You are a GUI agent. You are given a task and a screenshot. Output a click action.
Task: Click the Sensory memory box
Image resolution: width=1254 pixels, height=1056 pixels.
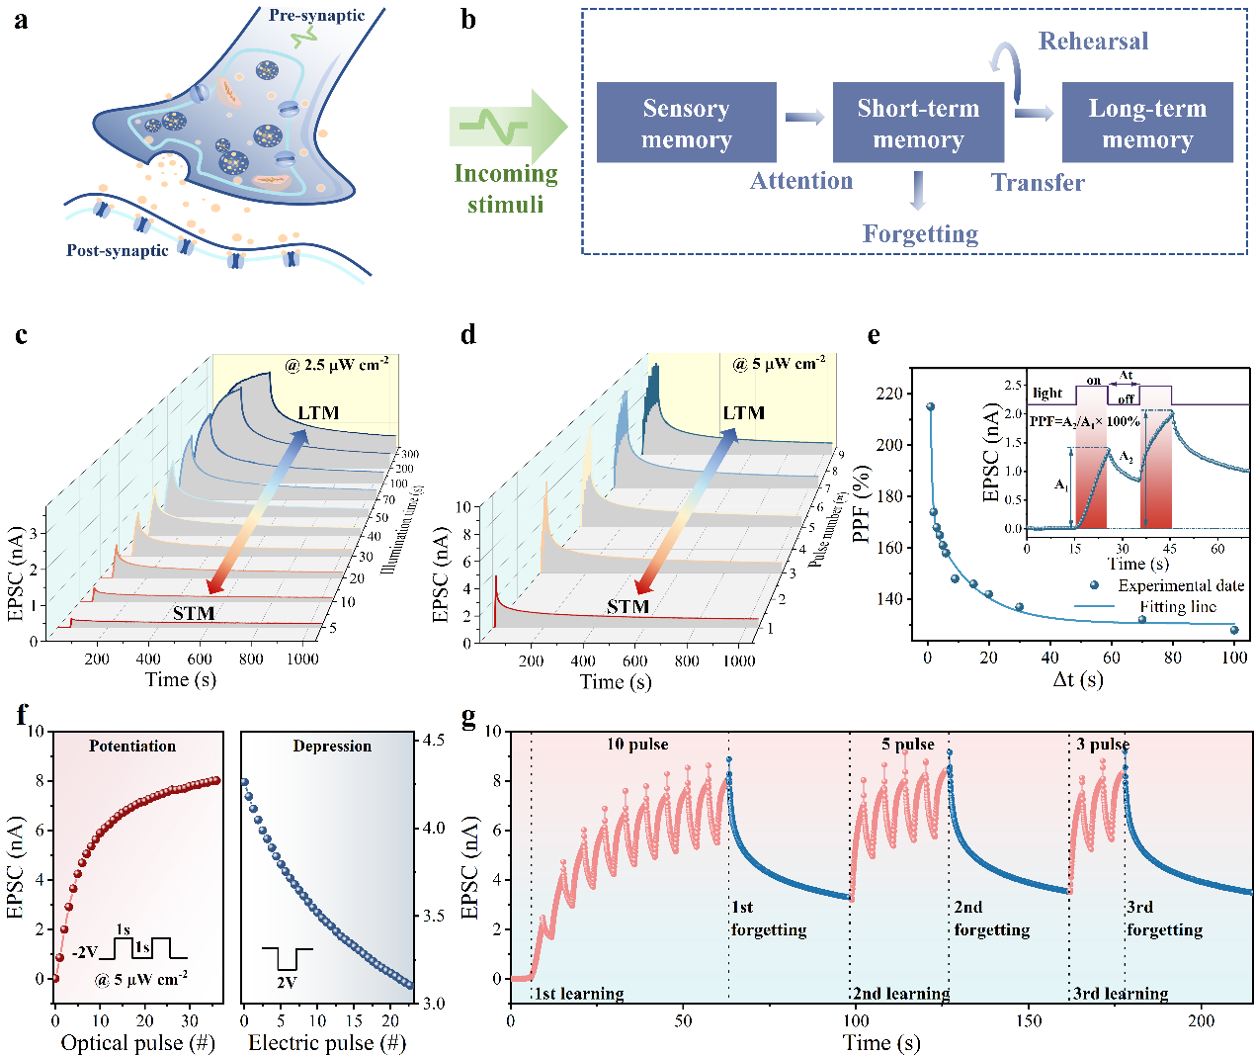(x=686, y=123)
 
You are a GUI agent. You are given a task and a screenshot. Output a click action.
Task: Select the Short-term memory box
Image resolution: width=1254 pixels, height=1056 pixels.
(x=918, y=123)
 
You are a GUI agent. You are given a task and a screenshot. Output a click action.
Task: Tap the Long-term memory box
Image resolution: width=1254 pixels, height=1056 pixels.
(x=1147, y=123)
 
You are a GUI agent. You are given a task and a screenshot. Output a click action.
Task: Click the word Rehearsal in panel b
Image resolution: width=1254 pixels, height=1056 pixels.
(x=1093, y=42)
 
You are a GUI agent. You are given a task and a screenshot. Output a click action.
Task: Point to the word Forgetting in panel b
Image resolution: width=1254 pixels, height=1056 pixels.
(x=920, y=234)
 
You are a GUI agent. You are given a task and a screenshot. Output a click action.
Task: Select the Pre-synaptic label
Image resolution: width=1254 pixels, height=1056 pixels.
(x=316, y=16)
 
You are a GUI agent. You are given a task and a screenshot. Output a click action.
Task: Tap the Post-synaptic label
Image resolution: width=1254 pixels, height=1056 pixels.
(x=117, y=251)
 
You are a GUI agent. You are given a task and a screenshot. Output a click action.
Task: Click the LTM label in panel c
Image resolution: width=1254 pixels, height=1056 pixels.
(x=318, y=413)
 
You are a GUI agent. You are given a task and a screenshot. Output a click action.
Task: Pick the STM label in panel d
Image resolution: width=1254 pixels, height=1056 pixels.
(x=627, y=607)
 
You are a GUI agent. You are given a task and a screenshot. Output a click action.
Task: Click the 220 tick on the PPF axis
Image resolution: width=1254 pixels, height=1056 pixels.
(x=888, y=394)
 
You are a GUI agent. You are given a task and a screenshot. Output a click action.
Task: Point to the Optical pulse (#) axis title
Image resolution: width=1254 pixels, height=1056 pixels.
(x=137, y=1043)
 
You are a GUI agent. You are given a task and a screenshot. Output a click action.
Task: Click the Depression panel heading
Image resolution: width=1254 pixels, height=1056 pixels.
(x=332, y=747)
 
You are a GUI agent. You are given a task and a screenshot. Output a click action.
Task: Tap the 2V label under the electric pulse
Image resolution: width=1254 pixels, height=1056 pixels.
(x=286, y=983)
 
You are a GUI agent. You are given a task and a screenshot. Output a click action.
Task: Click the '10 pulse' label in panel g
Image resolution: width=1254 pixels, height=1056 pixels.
(x=637, y=745)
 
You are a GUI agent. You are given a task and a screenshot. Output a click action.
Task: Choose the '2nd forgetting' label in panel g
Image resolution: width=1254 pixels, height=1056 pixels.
(x=991, y=919)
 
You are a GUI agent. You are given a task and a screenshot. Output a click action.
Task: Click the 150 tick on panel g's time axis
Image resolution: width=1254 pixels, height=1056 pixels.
(x=1029, y=1021)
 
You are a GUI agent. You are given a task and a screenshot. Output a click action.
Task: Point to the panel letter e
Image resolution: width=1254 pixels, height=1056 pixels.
(x=874, y=335)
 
